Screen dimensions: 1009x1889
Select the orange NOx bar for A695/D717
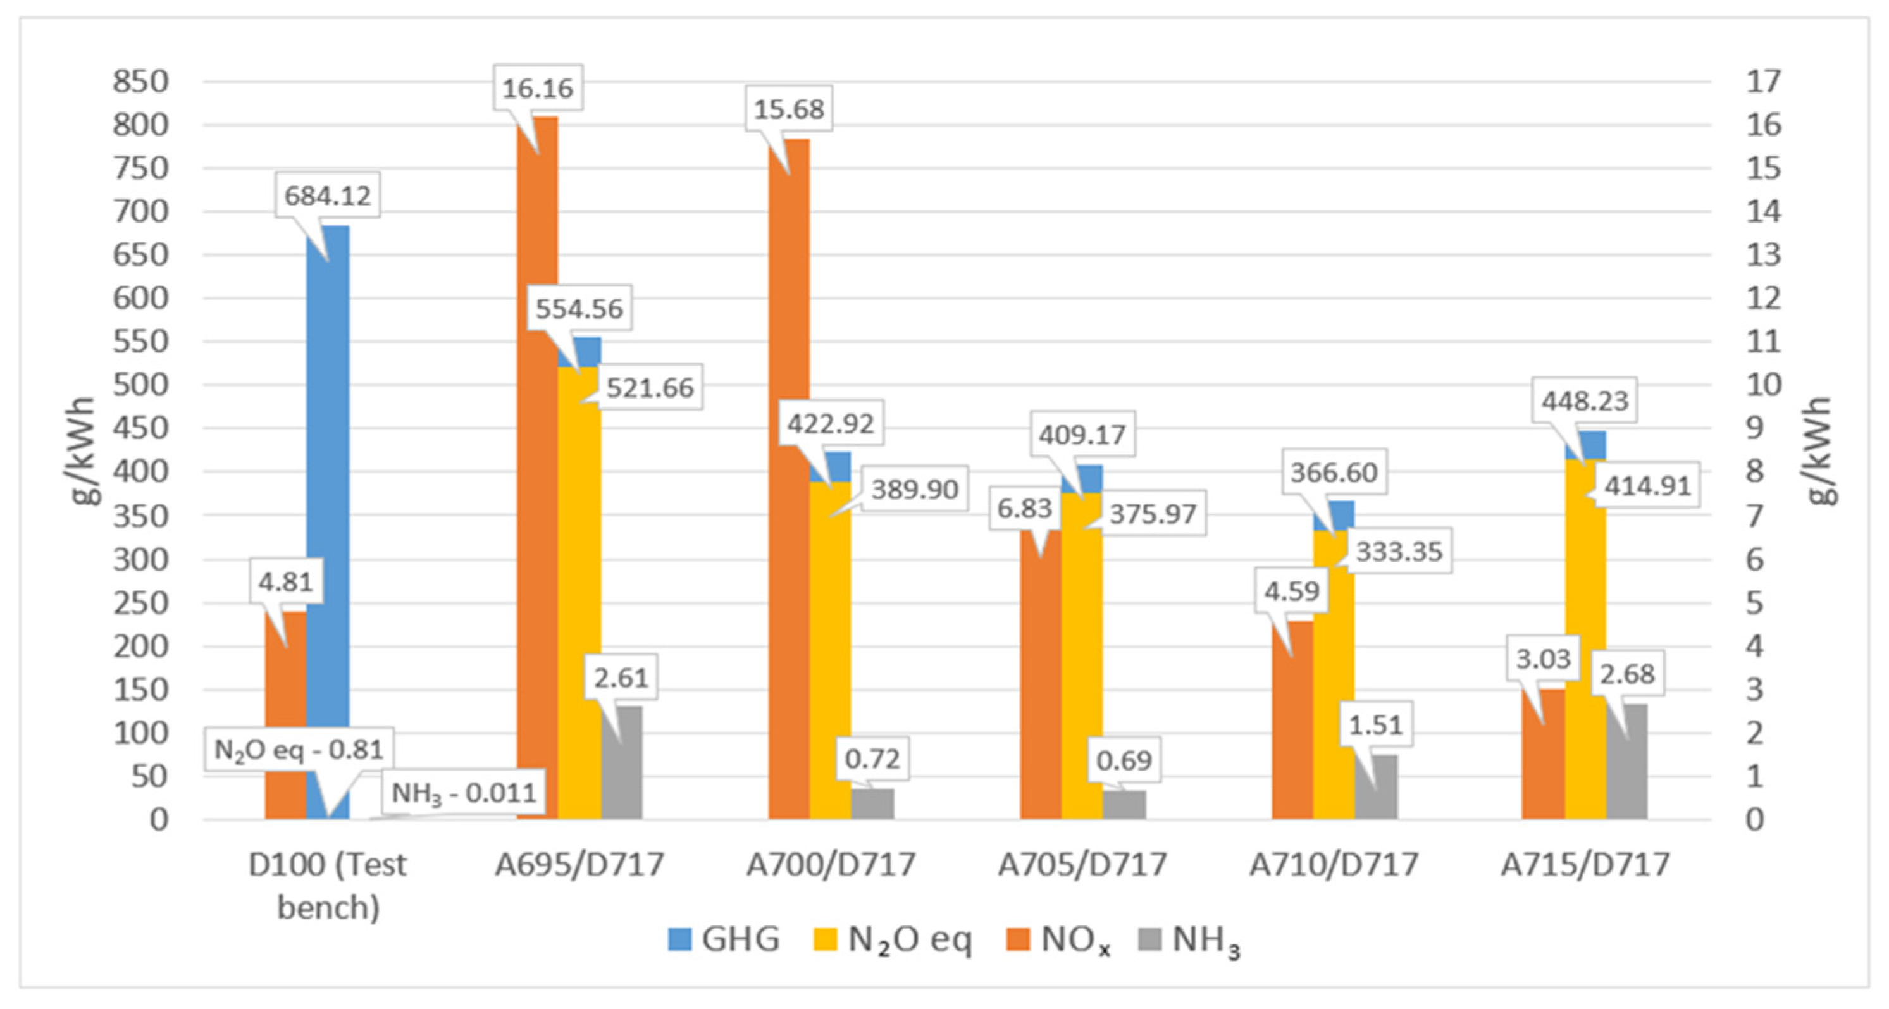click(x=537, y=469)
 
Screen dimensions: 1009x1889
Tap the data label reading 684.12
click(x=328, y=195)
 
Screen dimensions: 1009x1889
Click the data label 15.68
click(x=789, y=109)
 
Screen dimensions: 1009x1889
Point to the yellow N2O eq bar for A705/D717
click(x=1082, y=660)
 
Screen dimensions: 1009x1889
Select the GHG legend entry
click(x=724, y=939)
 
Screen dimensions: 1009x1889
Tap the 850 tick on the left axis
click(x=140, y=82)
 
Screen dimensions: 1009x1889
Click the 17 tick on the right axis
click(x=1763, y=82)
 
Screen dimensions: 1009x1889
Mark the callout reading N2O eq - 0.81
click(x=299, y=750)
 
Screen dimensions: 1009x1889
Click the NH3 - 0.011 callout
click(x=464, y=793)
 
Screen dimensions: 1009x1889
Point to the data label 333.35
click(x=1399, y=552)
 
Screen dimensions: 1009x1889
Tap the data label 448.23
click(x=1584, y=401)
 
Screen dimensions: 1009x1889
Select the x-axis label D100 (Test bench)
click(x=327, y=886)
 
